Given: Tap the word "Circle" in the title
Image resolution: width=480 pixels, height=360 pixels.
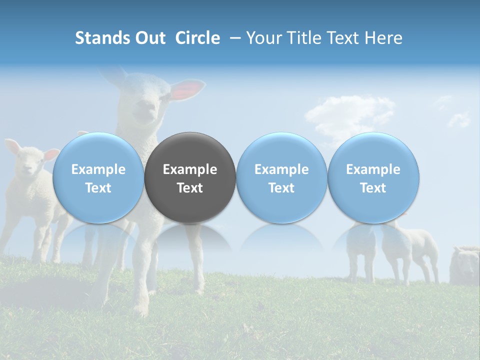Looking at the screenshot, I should (197, 38).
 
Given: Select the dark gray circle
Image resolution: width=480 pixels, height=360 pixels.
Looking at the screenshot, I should (190, 177).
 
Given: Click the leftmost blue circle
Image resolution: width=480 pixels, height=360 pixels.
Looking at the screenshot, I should (98, 177).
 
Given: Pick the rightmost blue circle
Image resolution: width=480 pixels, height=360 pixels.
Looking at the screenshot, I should (373, 177).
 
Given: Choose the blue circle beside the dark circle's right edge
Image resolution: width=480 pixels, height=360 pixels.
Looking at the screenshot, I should (281, 177).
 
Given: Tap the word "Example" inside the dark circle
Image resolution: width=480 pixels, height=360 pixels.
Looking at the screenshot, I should (190, 169).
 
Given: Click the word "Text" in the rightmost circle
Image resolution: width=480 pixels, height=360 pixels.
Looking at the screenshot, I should (373, 188).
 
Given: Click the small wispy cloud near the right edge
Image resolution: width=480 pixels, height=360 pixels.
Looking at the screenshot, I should (459, 119).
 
